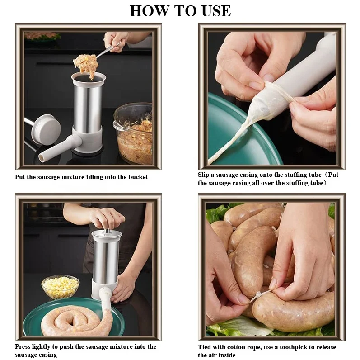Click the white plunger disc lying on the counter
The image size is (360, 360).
(46, 129)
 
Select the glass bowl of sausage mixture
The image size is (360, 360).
(133, 133)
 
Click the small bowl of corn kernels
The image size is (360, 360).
(60, 287)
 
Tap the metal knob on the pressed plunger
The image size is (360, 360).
(107, 231)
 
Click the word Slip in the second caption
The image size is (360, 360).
(203, 175)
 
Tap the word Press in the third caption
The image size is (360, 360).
(23, 346)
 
